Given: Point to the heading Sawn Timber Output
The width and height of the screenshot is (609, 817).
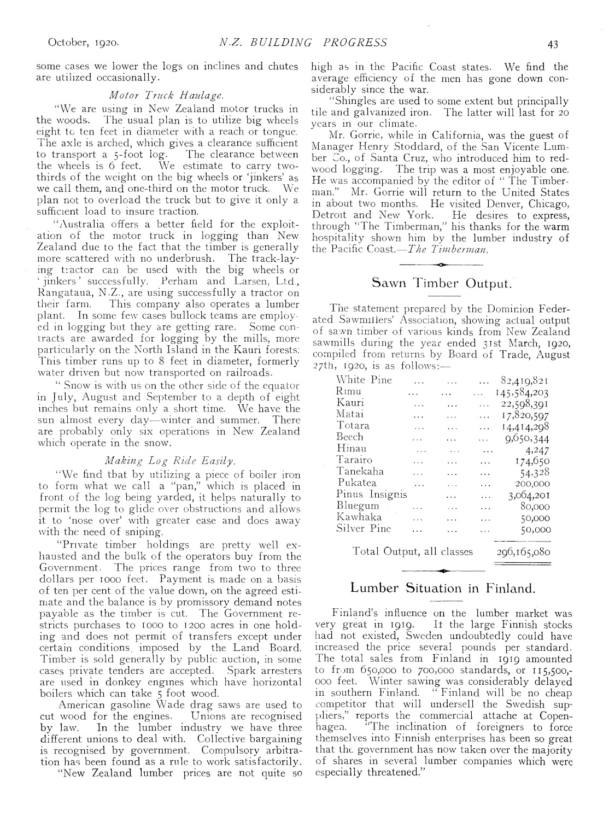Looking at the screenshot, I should click(441, 283).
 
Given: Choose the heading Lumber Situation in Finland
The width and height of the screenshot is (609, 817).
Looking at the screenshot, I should click(441, 588).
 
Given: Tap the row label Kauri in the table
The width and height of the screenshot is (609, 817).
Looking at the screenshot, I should click(350, 403).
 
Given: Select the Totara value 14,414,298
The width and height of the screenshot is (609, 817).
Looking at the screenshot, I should click(525, 426).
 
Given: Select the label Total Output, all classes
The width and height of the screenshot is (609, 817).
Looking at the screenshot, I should click(413, 551).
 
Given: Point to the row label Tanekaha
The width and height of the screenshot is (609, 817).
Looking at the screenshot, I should click(360, 471).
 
